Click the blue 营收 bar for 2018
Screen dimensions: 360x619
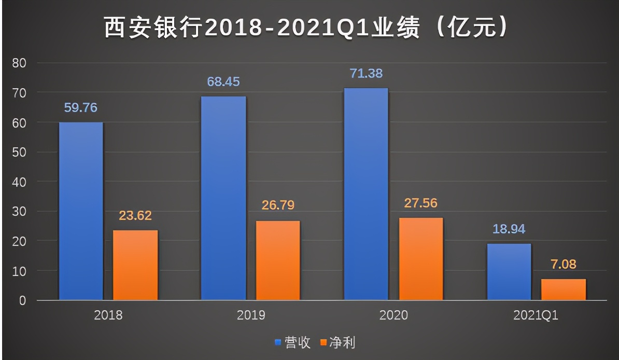click(81, 211)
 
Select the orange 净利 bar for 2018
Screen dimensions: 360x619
click(135, 265)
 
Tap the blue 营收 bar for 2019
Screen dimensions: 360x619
click(223, 198)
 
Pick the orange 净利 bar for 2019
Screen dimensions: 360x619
click(278, 260)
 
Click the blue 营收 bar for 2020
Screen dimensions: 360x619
click(366, 194)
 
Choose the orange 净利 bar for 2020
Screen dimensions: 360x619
click(420, 259)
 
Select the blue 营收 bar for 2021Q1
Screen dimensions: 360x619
click(509, 272)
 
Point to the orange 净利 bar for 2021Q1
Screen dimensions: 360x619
click(564, 289)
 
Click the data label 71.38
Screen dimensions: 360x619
click(367, 74)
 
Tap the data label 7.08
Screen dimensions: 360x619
click(564, 264)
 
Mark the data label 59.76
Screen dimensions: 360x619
click(81, 108)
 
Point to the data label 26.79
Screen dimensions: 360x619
click(278, 205)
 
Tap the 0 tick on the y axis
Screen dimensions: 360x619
click(22, 300)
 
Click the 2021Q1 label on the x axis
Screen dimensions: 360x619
click(536, 315)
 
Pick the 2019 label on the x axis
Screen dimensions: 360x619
click(251, 315)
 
